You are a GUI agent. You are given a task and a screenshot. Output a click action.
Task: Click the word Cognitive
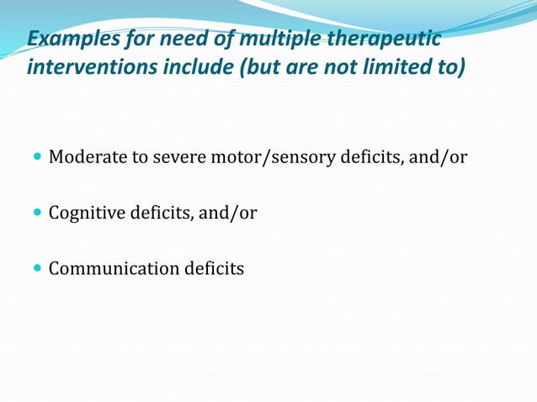(87, 214)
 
